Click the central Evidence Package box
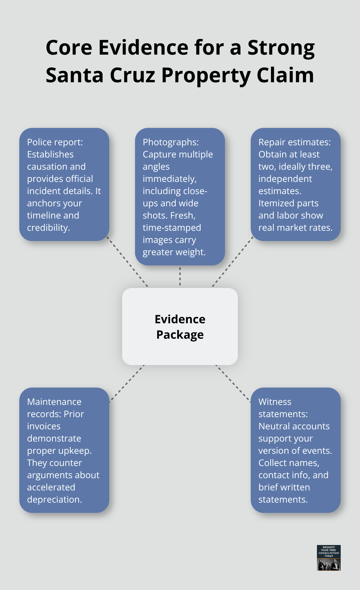180,326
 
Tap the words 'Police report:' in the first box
55,142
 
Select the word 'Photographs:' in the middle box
171,142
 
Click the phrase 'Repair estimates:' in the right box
294,142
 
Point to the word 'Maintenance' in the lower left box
54,402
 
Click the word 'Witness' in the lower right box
275,402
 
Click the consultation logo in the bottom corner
328,558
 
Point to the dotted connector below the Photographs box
180,276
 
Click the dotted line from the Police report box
127,262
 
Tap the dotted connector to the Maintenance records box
127,383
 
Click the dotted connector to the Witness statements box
233,383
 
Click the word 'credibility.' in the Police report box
49,228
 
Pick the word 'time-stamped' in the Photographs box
172,228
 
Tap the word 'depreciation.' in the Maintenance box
54,500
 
